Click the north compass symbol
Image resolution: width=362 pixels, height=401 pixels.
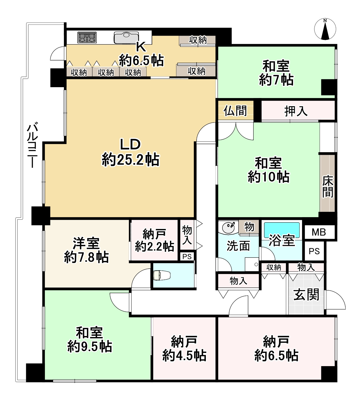coord(325,29)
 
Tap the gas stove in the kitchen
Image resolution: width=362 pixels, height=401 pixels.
coord(87,38)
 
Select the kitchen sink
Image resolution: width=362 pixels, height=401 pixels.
coord(126,38)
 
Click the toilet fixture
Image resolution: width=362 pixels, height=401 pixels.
coord(162,275)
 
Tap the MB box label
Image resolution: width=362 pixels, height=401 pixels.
coord(319,232)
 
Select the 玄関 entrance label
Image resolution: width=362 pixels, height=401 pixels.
coord(306,295)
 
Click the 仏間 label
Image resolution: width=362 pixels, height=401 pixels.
coord(235,110)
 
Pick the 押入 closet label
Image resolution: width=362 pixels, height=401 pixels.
coord(296,111)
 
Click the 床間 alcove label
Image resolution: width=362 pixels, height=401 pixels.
coord(328,186)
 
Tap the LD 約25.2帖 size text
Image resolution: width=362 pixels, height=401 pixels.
coord(131,160)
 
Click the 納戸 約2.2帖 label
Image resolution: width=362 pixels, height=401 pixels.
coord(154,240)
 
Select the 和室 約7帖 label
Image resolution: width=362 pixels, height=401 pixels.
coord(276,73)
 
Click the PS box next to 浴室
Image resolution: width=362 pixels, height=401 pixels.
coord(314,251)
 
